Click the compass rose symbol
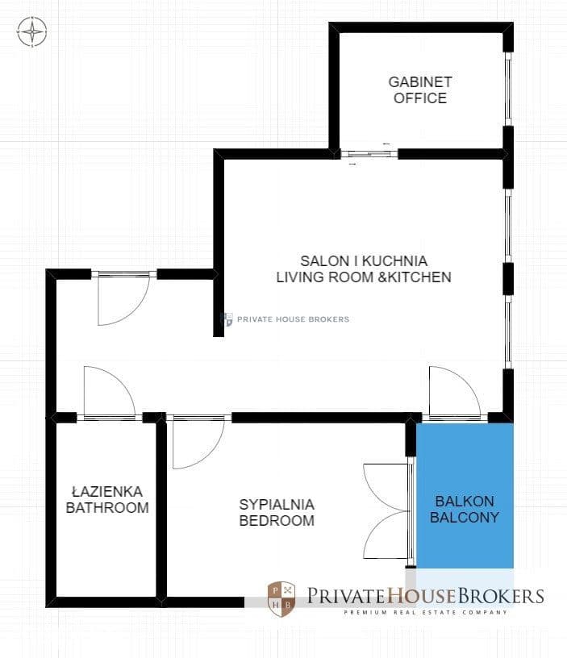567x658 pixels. coord(32,31)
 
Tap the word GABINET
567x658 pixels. coord(420,81)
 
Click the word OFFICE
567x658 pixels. coord(420,98)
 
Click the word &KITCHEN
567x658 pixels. coord(415,277)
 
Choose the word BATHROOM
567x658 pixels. coord(107,508)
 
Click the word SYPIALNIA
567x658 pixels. coord(277,505)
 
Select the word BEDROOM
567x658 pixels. coord(277,521)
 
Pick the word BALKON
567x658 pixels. coord(465,502)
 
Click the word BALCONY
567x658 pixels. coord(465,518)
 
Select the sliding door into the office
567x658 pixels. coord(369,154)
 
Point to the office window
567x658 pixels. coord(508,89)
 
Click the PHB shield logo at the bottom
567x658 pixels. coord(281,598)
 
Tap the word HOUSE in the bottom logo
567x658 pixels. coord(421,595)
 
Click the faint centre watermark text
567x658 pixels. coord(293,319)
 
